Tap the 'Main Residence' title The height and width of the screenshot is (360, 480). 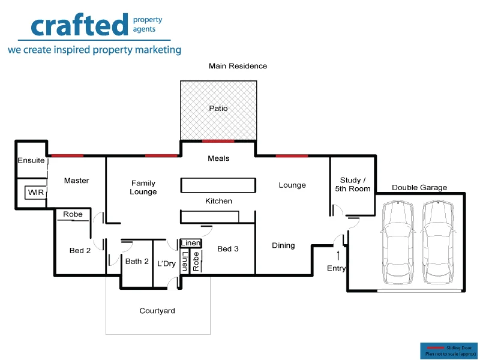(238, 66)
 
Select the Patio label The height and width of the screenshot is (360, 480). (218, 109)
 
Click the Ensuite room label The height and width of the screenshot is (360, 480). (31, 161)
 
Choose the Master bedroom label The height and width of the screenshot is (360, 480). (76, 181)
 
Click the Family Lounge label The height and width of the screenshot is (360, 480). (143, 188)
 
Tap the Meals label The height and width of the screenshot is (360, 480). (218, 158)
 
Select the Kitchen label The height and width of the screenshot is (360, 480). (218, 201)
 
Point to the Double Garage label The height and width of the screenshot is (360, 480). (419, 188)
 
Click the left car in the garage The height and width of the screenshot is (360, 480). (397, 242)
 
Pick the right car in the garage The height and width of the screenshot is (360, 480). (438, 242)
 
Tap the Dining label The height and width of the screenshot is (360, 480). (283, 245)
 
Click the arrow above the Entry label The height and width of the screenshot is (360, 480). (338, 256)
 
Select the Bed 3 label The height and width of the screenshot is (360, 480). (228, 249)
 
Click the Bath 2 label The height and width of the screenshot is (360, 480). (137, 261)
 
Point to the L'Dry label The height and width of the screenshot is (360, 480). (166, 263)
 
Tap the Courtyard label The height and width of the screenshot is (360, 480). (157, 311)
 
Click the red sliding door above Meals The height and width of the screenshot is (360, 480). (218, 141)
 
